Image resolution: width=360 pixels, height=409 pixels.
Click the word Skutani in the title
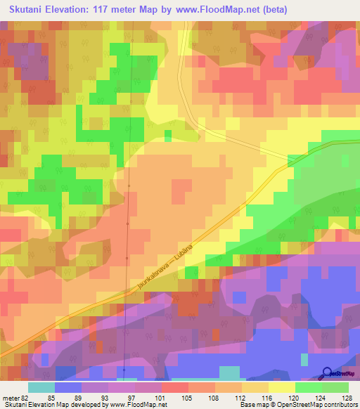[x=31, y=10]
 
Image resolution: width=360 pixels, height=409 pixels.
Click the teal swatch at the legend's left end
[x=41, y=388]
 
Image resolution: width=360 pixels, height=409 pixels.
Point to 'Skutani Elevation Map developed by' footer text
[x=45, y=405]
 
